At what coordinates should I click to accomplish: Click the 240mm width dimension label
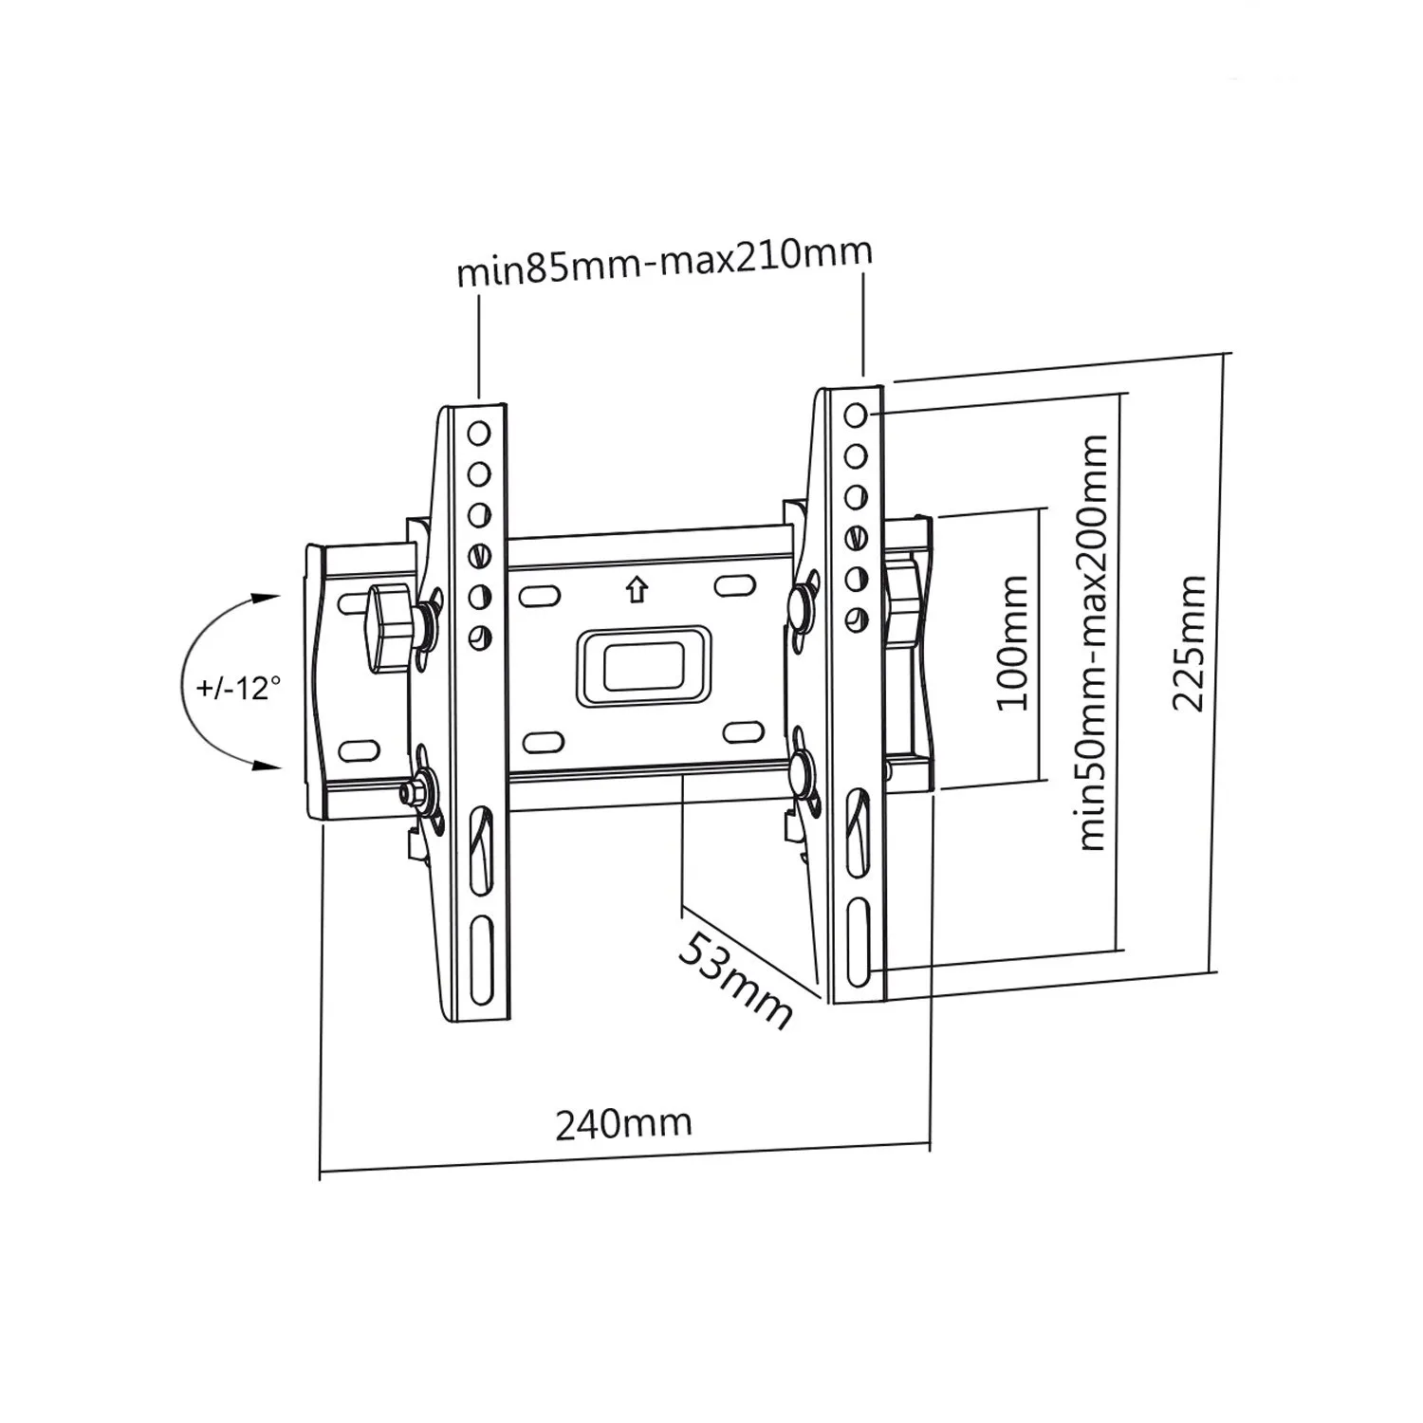point(623,1123)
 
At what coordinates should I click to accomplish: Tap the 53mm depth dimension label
point(736,980)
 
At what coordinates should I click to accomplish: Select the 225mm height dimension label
point(1190,642)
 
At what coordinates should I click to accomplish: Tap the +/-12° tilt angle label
point(239,686)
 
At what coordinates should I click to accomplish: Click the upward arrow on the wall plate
point(636,590)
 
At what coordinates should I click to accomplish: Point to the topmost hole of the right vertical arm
point(855,416)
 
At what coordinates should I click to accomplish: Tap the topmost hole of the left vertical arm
point(479,434)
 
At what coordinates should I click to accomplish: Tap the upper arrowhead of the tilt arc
point(267,598)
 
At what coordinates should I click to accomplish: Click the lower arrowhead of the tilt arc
point(267,766)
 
